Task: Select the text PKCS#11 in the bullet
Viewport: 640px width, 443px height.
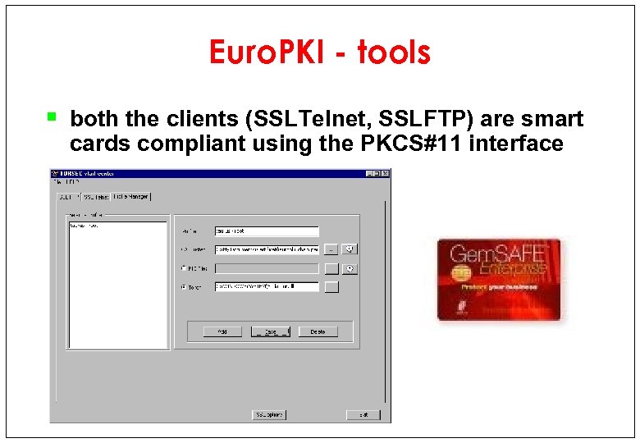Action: [x=410, y=144]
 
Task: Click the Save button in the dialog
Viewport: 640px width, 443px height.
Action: [x=270, y=331]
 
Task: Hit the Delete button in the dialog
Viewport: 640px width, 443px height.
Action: [x=318, y=331]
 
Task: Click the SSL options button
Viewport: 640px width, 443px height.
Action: [x=269, y=414]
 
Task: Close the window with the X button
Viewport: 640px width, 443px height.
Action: [x=385, y=173]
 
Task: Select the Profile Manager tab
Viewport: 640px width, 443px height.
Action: [x=132, y=197]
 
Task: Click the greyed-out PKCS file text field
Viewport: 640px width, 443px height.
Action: [x=266, y=268]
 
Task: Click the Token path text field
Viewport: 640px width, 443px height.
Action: [x=266, y=287]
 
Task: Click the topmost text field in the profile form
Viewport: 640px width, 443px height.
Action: [x=266, y=231]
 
